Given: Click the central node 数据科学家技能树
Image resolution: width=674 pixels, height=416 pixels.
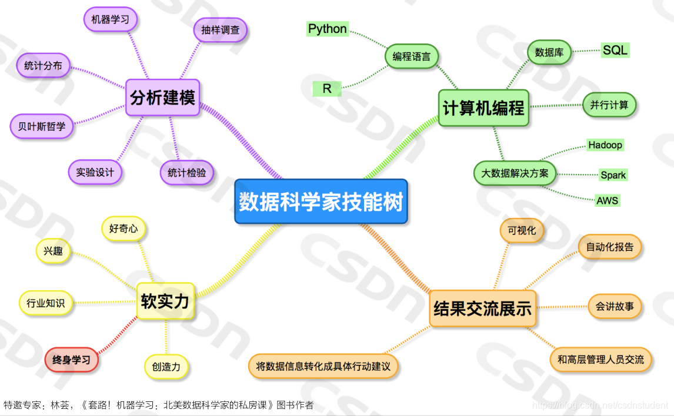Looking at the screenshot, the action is [x=321, y=202].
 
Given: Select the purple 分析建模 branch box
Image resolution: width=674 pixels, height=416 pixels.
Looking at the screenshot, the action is [x=162, y=97].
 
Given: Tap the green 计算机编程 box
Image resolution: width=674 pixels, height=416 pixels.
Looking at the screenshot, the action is [x=483, y=108].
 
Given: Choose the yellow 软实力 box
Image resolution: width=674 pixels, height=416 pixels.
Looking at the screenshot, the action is [x=165, y=301].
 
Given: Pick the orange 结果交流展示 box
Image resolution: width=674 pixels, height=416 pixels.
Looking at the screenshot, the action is [x=482, y=308].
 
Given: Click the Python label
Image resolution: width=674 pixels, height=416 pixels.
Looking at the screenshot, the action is [x=328, y=29].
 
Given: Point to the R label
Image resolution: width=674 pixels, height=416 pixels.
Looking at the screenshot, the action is [x=327, y=89].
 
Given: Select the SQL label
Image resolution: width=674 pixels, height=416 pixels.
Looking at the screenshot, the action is [x=615, y=50].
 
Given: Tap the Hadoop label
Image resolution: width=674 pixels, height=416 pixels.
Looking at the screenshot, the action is [x=605, y=145].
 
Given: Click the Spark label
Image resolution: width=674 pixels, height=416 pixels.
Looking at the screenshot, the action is [x=613, y=175].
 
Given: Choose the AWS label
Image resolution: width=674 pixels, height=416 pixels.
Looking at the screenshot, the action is [x=608, y=200].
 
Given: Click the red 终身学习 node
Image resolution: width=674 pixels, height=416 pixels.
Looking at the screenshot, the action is [x=71, y=360].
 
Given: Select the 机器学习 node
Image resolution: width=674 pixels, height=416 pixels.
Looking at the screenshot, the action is [x=110, y=19].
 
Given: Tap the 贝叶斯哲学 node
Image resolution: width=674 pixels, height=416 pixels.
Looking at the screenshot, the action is [x=42, y=126].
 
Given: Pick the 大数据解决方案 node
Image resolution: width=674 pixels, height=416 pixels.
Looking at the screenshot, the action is [x=515, y=173].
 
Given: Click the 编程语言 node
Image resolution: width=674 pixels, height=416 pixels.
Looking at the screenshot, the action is [x=412, y=57].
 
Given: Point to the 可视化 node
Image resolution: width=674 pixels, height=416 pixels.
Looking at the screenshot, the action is [x=522, y=230].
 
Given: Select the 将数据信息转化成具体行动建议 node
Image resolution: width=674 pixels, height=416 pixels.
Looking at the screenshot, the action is [x=323, y=366].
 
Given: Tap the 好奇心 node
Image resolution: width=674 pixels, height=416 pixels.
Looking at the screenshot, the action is [x=124, y=229].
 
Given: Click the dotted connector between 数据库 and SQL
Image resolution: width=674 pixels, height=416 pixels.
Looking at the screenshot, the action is [x=585, y=51].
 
